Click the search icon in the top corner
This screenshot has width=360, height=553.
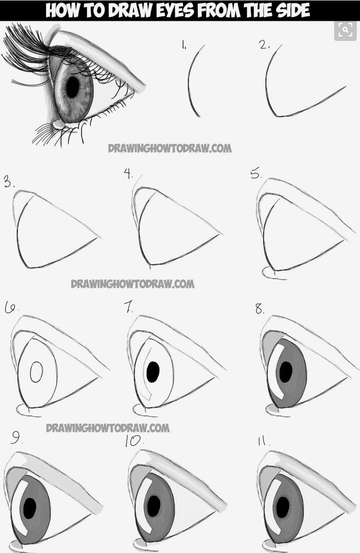[345, 30]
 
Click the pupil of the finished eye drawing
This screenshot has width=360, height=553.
[73, 88]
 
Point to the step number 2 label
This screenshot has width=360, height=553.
[265, 45]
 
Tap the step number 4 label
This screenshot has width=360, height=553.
[129, 174]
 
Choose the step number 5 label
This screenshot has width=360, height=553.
[256, 174]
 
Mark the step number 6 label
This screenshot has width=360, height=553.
[10, 308]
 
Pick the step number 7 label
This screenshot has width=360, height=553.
[129, 307]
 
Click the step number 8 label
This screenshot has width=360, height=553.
[259, 309]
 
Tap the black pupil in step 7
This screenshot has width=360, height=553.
[153, 372]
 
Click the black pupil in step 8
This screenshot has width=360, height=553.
[284, 372]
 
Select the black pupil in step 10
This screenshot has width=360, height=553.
[154, 505]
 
